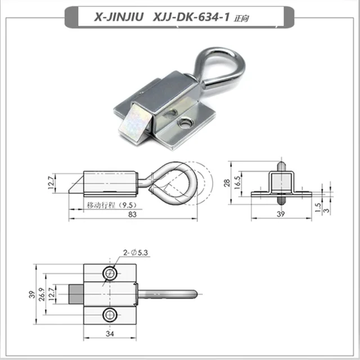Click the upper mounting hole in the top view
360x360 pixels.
[x=110, y=273]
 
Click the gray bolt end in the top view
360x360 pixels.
[x=76, y=293]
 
